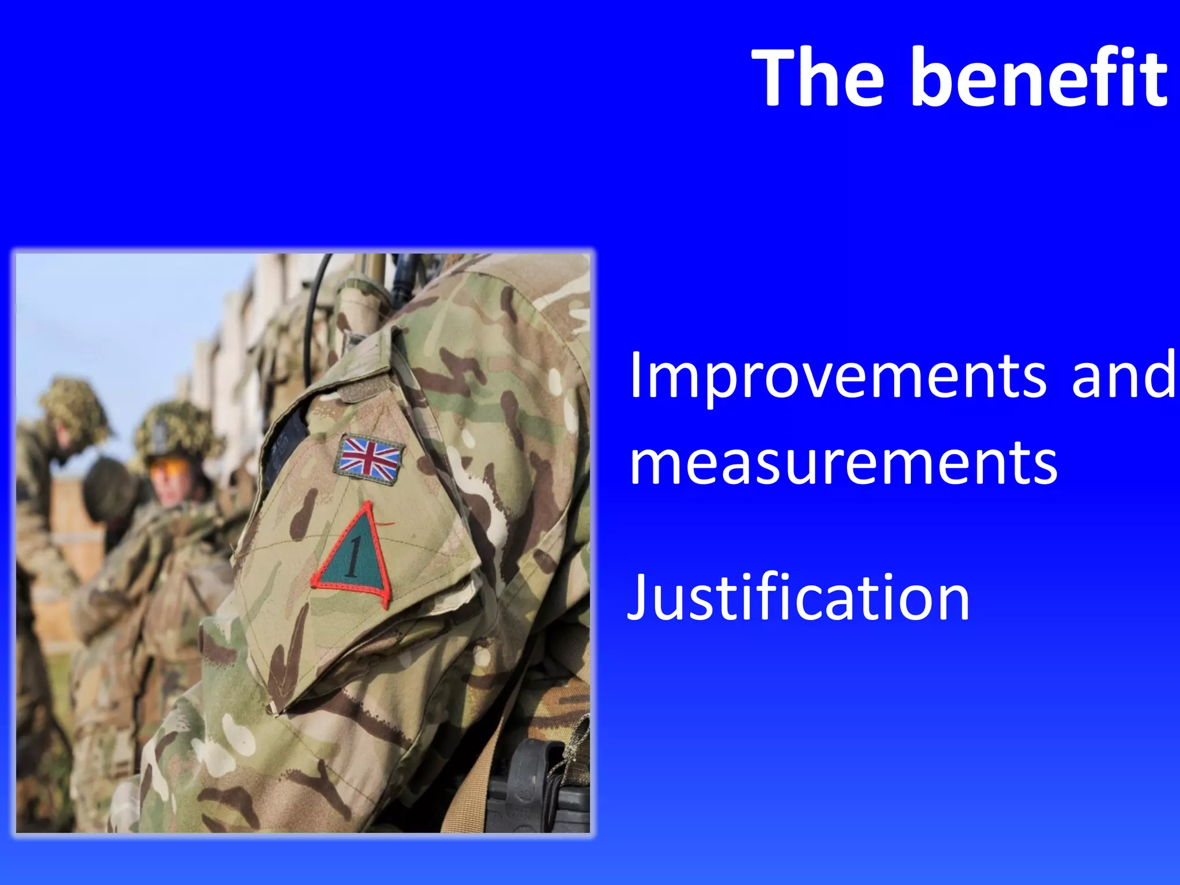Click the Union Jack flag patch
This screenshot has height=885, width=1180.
pos(369,457)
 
